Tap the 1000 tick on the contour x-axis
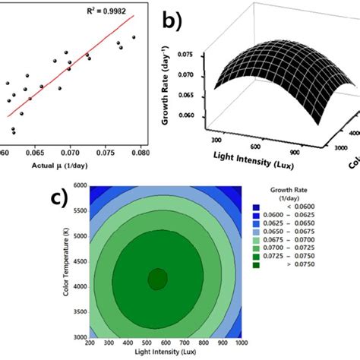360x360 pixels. pos(241,343)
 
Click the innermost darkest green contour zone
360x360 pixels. pos(157,279)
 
